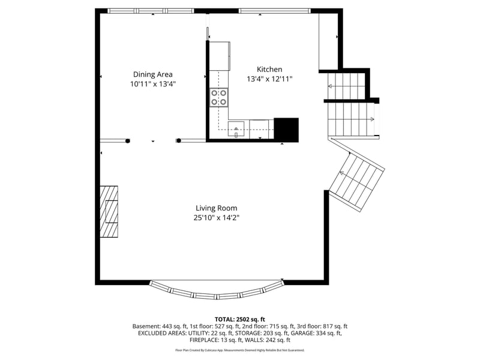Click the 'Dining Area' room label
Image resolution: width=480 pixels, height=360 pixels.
[x=152, y=74]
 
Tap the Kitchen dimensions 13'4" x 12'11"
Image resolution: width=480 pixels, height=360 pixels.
[x=269, y=79]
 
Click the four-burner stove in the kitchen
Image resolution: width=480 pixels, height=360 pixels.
[x=218, y=97]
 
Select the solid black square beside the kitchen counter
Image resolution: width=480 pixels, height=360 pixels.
[x=286, y=130]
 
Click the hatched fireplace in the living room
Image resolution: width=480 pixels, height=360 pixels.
[x=109, y=212]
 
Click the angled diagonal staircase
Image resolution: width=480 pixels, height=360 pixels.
[x=358, y=180]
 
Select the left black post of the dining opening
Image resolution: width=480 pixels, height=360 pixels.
[x=128, y=141]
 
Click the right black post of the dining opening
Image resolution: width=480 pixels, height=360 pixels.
[x=178, y=141]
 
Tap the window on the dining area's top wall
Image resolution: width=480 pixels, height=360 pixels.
[x=151, y=11]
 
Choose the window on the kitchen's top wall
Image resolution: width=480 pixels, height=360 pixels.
[x=274, y=11]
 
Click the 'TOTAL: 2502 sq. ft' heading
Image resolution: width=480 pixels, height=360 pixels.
[x=240, y=319]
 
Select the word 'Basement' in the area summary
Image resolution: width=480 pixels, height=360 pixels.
[x=146, y=326]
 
